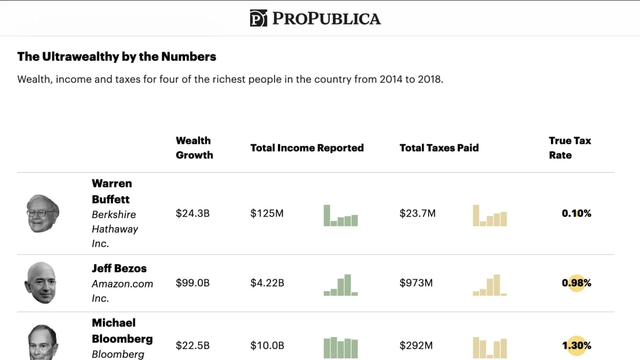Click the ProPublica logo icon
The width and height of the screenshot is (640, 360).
[x=258, y=19]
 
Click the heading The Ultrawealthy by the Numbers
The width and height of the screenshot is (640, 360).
[x=117, y=57]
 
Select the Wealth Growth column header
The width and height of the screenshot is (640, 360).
[x=194, y=148]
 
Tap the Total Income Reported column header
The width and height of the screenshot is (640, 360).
[x=307, y=148]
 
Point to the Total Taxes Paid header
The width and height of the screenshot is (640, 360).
[x=439, y=148]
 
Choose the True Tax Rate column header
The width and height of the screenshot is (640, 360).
[x=570, y=148]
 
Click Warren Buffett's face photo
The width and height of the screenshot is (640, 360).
[x=43, y=213]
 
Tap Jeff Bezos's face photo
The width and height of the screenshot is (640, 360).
[x=41, y=283]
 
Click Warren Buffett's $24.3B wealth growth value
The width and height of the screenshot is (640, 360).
[x=193, y=213]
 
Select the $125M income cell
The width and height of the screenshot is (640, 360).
[x=267, y=213]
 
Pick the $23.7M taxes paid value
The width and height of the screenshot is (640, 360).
[x=417, y=213]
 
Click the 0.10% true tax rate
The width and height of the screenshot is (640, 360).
[x=576, y=213]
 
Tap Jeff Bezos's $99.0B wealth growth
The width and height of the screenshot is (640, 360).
[x=193, y=283]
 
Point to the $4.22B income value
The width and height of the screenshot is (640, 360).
[x=267, y=283]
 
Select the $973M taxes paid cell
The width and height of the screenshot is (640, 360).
[x=416, y=283]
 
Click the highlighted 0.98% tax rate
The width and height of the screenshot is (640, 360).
[x=576, y=283]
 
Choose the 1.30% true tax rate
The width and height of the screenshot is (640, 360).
[x=576, y=346]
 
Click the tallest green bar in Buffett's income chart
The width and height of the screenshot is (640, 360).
[x=327, y=215]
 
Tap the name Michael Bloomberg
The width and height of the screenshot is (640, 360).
[x=122, y=331]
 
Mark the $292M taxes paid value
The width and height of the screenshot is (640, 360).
[x=416, y=346]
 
